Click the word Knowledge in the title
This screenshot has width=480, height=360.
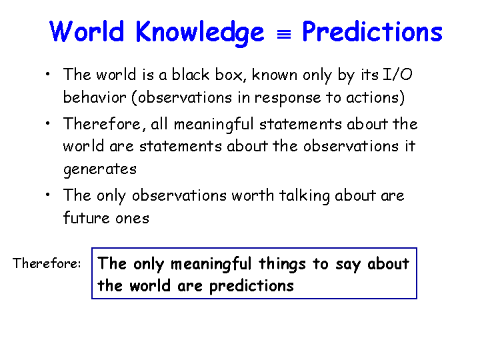point(199,33)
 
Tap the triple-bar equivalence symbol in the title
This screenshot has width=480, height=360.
point(284,35)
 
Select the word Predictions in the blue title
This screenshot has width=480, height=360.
point(372,31)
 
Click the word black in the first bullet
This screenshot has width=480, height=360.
point(191,75)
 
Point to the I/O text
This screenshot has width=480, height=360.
point(397,75)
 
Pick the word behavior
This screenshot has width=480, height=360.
point(95,97)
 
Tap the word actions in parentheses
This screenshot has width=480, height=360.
point(373,97)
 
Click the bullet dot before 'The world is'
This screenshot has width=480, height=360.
point(47,74)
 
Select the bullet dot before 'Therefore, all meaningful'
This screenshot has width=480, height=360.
point(47,123)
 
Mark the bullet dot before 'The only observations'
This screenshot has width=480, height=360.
point(47,195)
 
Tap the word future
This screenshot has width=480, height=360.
point(86,217)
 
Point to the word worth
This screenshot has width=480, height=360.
point(253,195)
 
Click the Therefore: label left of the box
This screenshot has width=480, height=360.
point(47,263)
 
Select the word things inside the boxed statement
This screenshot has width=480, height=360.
point(282,264)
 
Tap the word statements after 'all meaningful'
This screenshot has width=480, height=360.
point(300,124)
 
